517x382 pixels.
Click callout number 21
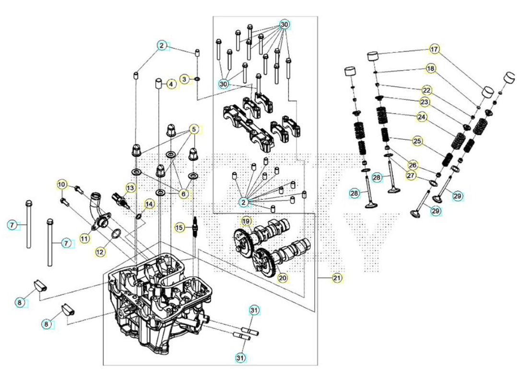pos(337,278)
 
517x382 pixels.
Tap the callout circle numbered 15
pos(179,228)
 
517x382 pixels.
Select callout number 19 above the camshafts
pos(247,221)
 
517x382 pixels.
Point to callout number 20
pos(282,278)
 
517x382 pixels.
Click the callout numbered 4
pos(171,84)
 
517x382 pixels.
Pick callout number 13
pos(130,188)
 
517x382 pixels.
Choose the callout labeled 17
pos(435,49)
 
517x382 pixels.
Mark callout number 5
pos(194,129)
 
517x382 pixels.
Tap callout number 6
pos(184,194)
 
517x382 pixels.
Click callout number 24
pos(422,117)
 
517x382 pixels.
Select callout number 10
pos(62,185)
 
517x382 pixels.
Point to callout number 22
pos(427,90)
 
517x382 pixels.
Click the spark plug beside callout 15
pos(195,228)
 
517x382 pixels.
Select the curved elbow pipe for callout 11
pos(98,211)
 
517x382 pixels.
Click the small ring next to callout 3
pos(197,79)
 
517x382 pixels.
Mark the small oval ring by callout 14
pos(139,216)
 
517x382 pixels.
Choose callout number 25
pos(417,141)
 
